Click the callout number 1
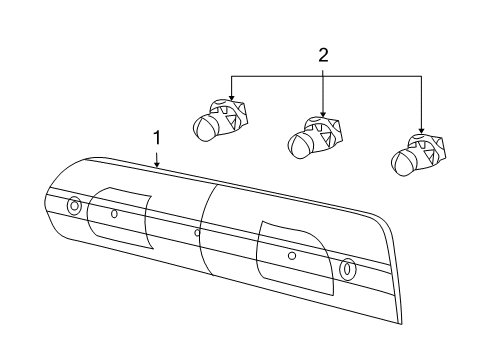click(x=155, y=137)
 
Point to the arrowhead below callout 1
click(x=157, y=163)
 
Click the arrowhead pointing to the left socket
click(x=231, y=98)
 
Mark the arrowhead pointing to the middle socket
click(x=323, y=113)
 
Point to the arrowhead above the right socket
click(x=421, y=130)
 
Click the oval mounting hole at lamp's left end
click(x=74, y=207)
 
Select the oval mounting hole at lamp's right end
click(x=347, y=269)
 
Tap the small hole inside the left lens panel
click(x=114, y=213)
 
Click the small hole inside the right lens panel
click(x=291, y=255)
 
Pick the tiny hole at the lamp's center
click(x=197, y=233)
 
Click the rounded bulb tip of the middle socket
click(x=298, y=146)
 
